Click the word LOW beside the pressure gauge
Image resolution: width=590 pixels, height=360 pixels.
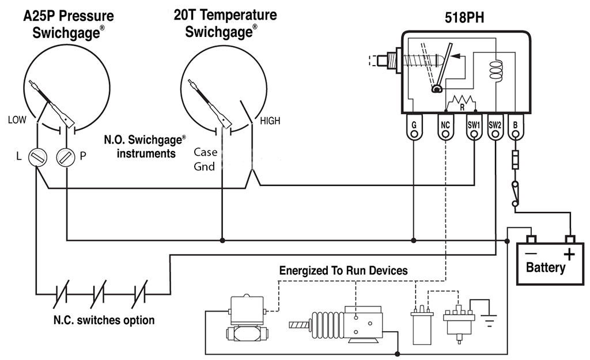18,120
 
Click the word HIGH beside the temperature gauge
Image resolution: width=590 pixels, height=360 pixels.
270,121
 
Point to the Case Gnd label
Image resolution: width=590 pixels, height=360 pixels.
205,160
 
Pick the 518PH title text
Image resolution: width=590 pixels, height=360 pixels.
464,18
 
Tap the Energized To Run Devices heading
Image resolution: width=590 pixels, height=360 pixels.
343,270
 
